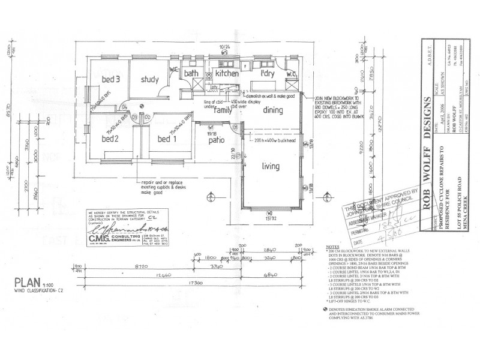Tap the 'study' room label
pos(149,79)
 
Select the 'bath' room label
pos(191,73)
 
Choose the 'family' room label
pos(223,110)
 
